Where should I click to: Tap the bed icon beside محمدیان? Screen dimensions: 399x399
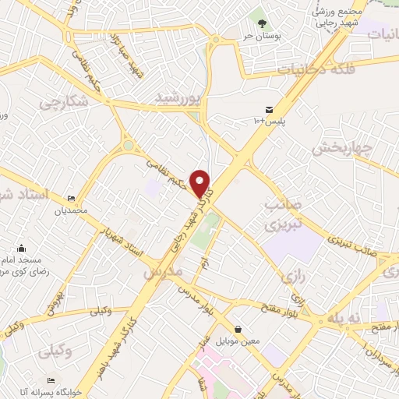tap(72, 198)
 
